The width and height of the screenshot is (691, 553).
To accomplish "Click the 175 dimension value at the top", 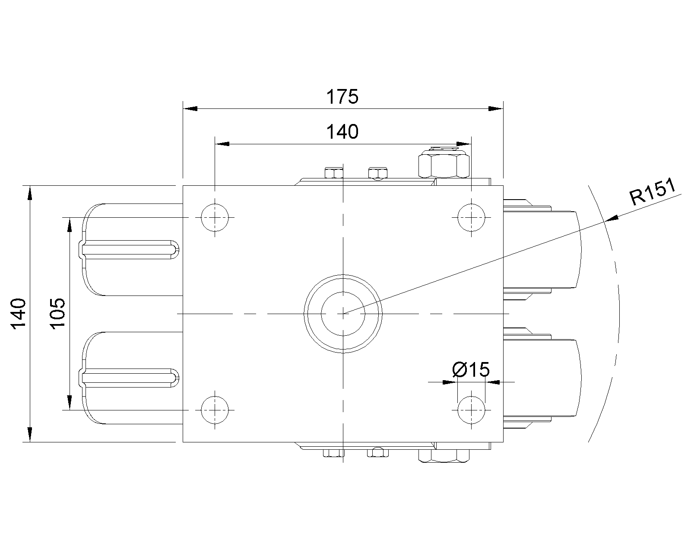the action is (342, 97).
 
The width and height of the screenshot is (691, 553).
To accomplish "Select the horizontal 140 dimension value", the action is (342, 132).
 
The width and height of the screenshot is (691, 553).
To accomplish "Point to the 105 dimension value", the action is (57, 313).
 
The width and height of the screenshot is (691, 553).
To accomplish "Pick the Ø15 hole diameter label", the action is (471, 369).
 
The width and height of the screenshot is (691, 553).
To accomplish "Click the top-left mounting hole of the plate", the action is (215, 218).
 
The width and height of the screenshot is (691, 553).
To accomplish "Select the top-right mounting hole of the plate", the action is (471, 218).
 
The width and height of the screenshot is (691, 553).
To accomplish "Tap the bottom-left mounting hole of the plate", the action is (215, 410).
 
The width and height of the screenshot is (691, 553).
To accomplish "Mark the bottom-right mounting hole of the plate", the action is (471, 410).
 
